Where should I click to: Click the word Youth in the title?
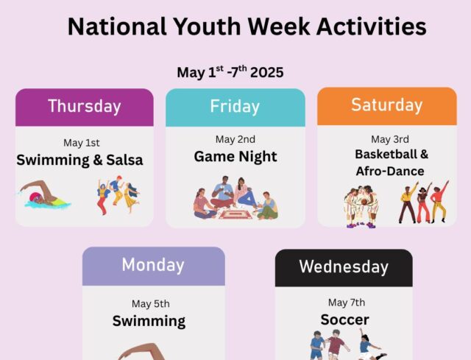coord(207,27)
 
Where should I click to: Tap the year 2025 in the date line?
coord(266,72)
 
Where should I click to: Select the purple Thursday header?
coord(85,107)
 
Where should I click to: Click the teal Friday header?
coord(235,107)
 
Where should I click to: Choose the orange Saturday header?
coord(387,106)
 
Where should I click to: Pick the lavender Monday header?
coord(154,267)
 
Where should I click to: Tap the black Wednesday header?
coord(344,268)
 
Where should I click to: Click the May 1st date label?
coord(82,143)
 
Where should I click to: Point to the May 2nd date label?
coord(235,139)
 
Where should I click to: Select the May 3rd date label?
coord(390,139)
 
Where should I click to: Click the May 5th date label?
coord(150,303)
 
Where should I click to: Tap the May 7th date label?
coord(347,303)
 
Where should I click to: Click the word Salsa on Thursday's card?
coord(124,160)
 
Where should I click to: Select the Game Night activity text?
coord(235,157)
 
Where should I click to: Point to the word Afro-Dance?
coord(390,172)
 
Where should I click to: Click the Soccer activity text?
coord(344,320)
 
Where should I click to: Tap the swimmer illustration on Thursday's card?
coord(44,194)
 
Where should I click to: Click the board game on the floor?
coord(235,214)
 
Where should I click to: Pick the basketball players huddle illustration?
coord(361,207)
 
